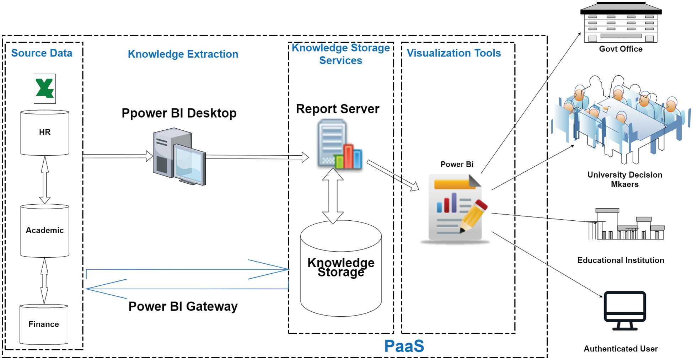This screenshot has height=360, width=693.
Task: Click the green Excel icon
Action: pyautogui.click(x=45, y=88)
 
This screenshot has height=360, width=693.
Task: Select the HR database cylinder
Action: pyautogui.click(x=45, y=133)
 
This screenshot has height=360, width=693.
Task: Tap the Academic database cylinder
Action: pyautogui.click(x=45, y=231)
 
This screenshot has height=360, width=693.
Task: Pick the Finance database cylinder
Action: pyautogui.click(x=44, y=324)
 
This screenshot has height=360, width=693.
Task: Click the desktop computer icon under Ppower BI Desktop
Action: pyautogui.click(x=179, y=157)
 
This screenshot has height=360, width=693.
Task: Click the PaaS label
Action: pyautogui.click(x=404, y=346)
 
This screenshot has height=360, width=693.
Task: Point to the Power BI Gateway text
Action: pyautogui.click(x=183, y=306)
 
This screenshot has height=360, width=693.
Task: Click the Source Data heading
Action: pyautogui.click(x=42, y=53)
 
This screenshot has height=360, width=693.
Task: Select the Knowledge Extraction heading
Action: pyautogui.click(x=183, y=54)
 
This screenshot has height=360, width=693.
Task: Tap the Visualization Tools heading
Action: pyautogui.click(x=453, y=53)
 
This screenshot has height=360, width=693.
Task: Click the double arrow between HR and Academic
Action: pyautogui.click(x=45, y=180)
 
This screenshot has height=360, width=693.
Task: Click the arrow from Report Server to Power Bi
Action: pyautogui.click(x=393, y=176)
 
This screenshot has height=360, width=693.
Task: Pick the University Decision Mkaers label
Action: pyautogui.click(x=624, y=179)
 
